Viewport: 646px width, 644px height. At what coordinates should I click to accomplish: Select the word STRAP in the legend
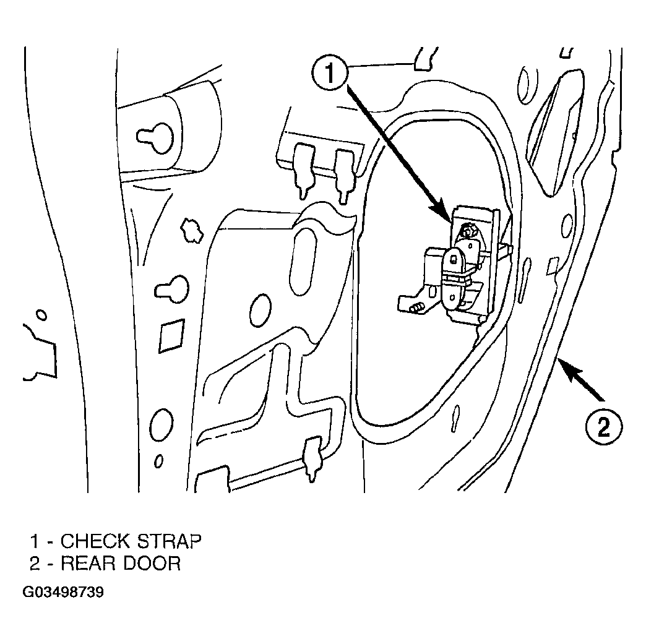click(x=169, y=541)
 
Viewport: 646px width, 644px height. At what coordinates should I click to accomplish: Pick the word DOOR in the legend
click(x=150, y=563)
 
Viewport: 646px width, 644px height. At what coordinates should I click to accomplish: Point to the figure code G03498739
click(x=63, y=592)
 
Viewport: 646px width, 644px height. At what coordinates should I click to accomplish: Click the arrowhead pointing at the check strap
click(x=444, y=212)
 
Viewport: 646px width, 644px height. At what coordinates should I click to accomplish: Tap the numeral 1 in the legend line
click(x=35, y=541)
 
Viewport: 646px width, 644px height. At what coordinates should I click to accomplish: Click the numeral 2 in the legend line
click(x=35, y=563)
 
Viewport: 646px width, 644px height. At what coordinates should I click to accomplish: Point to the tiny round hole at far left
click(x=41, y=316)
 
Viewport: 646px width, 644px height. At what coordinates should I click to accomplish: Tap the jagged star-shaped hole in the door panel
click(x=192, y=230)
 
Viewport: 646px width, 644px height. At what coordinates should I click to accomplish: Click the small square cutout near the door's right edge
click(x=553, y=266)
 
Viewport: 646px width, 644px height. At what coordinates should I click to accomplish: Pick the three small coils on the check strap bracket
click(x=418, y=307)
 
